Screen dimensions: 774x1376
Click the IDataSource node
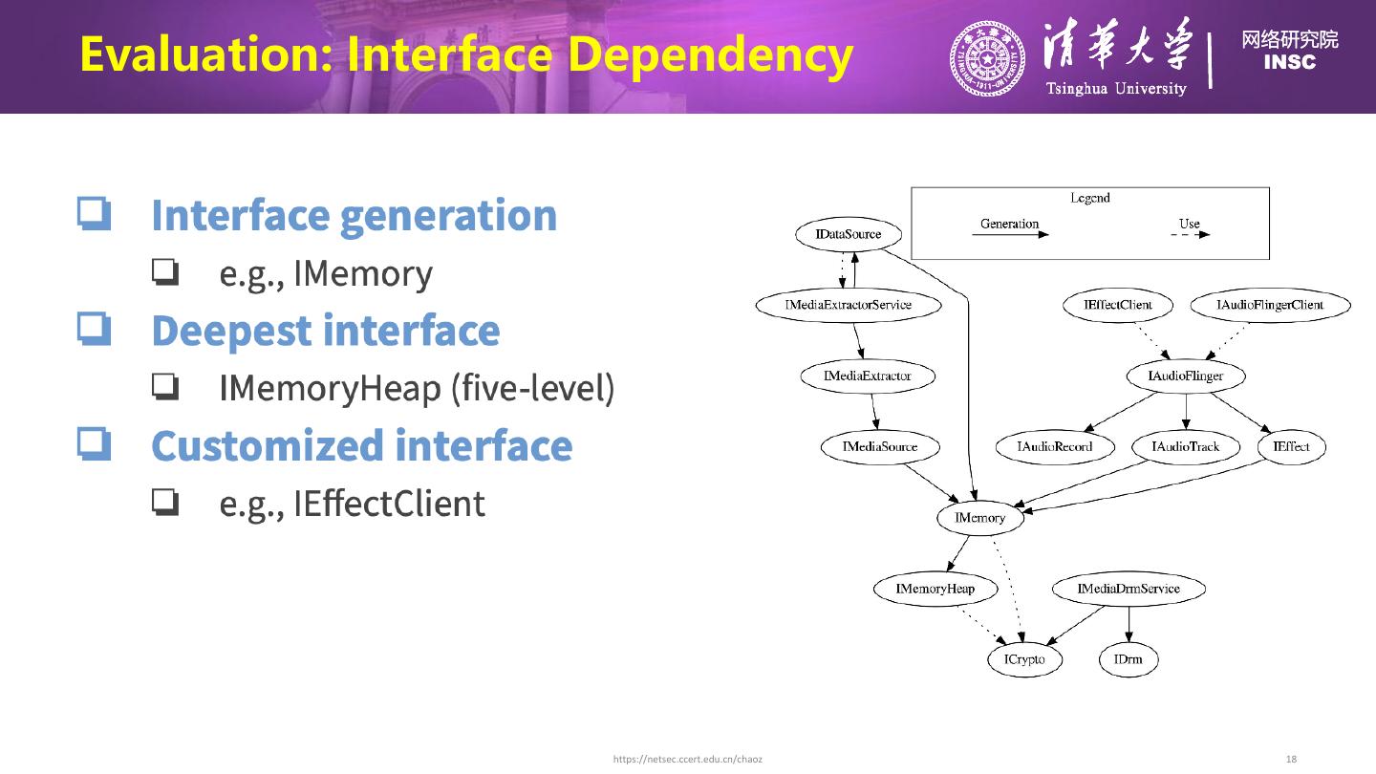849,234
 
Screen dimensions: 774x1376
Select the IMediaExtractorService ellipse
849,305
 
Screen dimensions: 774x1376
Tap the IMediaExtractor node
868,376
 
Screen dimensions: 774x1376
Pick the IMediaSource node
880,446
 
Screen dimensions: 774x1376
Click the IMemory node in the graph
980,518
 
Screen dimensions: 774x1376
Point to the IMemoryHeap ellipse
935,589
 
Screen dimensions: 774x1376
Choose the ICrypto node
1024,659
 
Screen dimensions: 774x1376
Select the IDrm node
1129,659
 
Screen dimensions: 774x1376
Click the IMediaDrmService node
1129,589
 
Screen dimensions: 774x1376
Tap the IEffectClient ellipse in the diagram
1118,305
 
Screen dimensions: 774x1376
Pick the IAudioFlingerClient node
1270,305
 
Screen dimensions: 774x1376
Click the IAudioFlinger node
1186,376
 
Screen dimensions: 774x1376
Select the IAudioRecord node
1055,446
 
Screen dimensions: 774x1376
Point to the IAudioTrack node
1186,446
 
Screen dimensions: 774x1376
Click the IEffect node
1292,446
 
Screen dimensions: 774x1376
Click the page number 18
1292,759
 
